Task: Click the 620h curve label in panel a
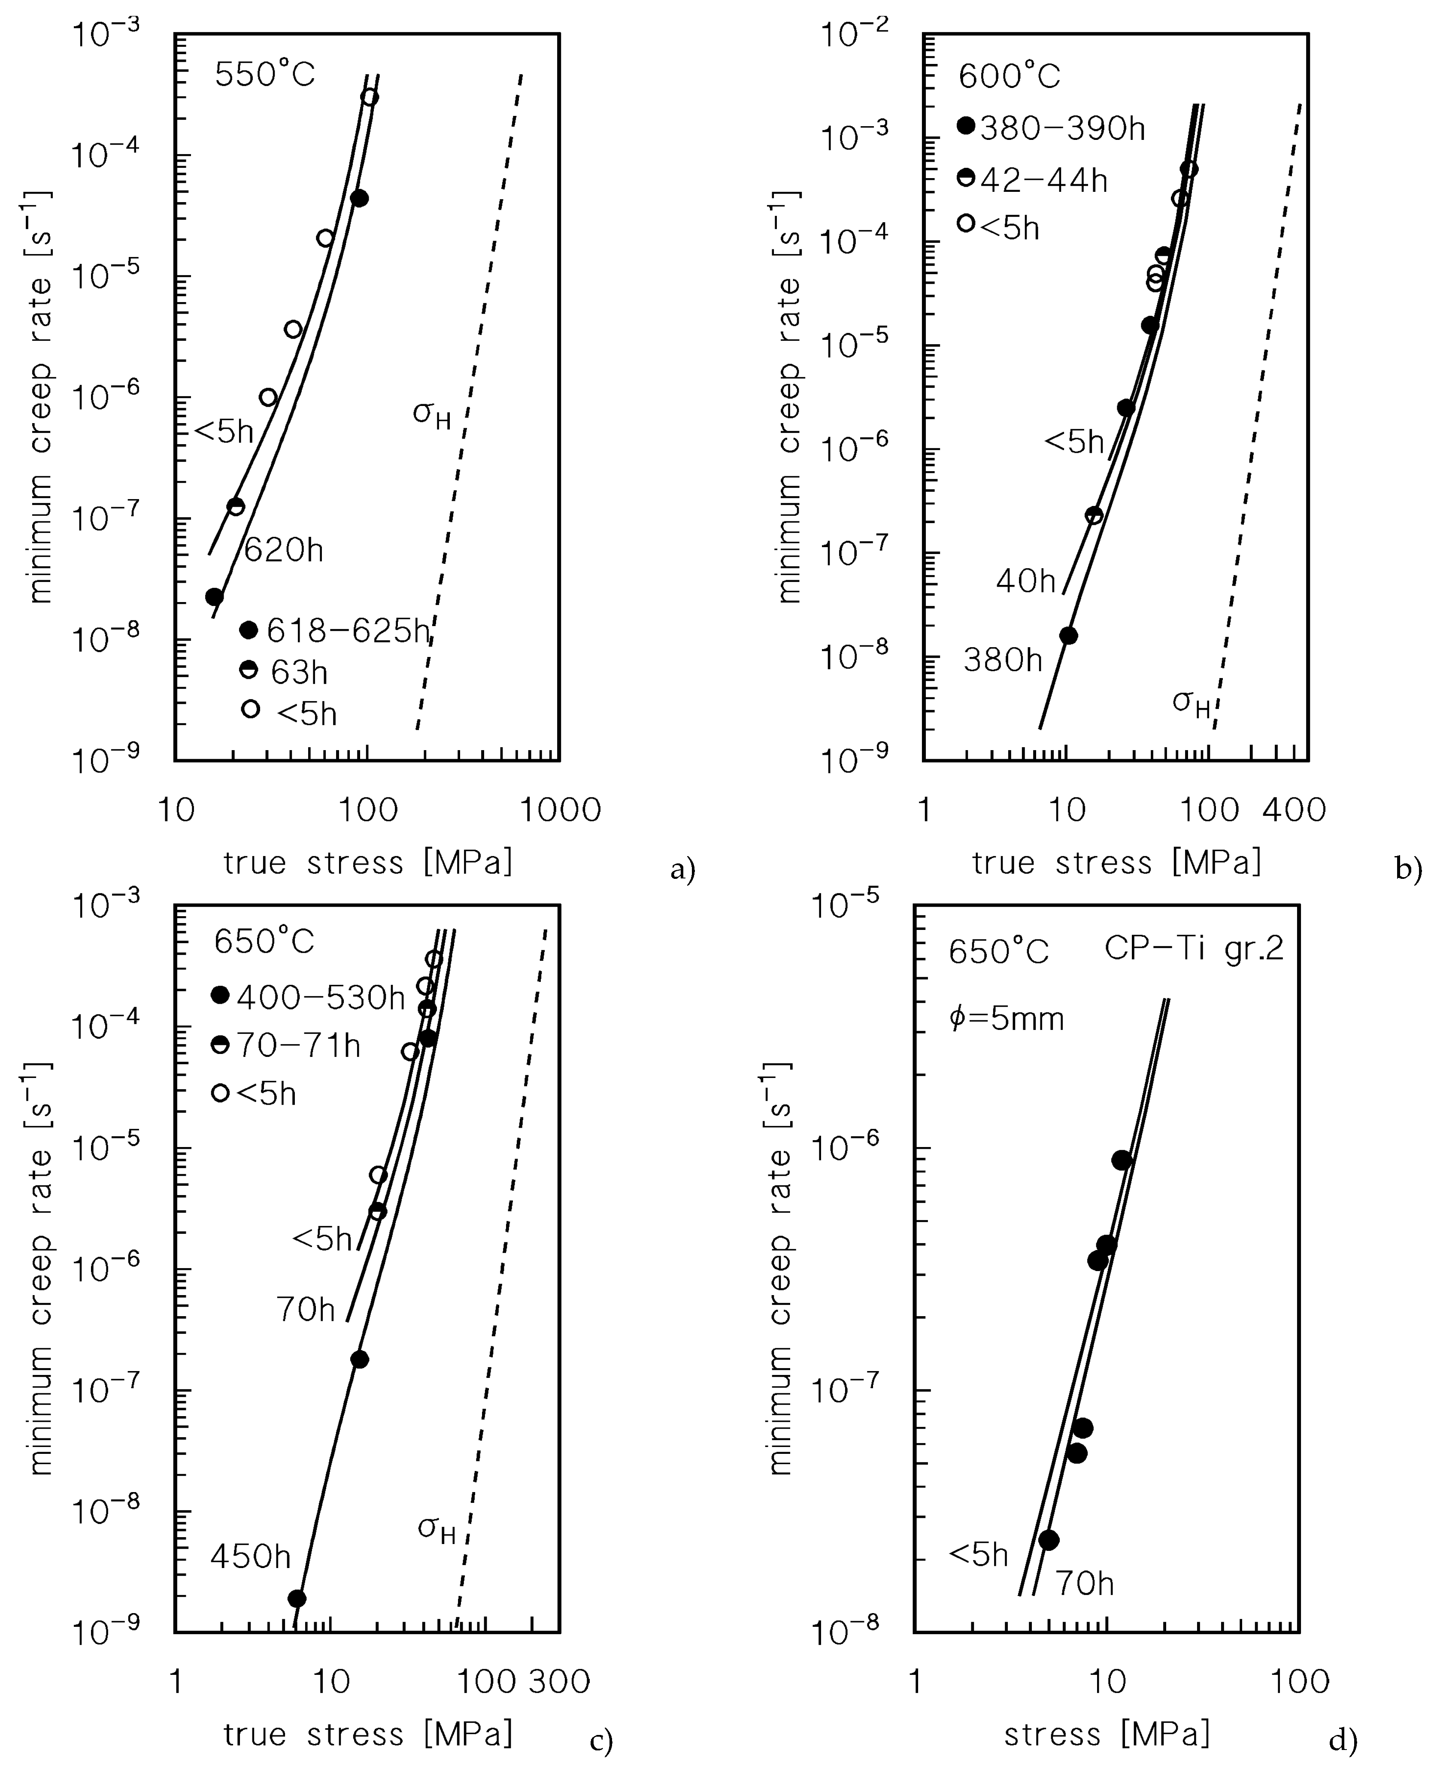pos(284,550)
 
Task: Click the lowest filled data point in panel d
pos(1049,1540)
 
